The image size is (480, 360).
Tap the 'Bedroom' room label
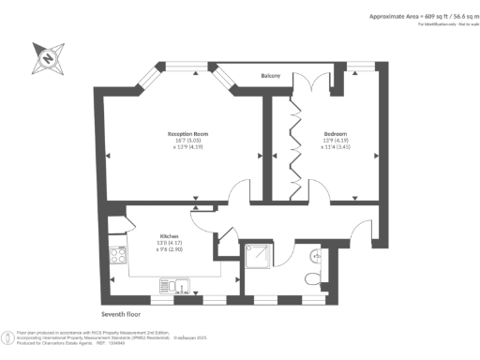337,133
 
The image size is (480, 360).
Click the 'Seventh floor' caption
122,316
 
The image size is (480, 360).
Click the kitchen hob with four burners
120,254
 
